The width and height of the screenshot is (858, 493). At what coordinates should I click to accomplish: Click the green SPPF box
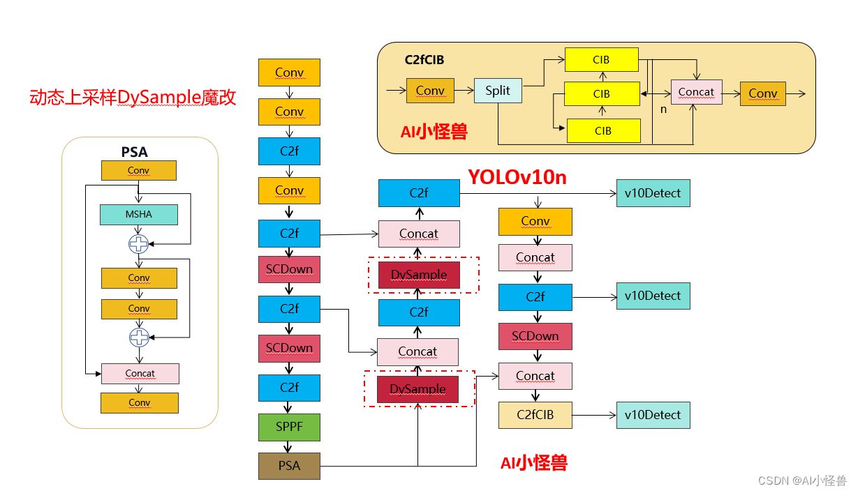click(289, 427)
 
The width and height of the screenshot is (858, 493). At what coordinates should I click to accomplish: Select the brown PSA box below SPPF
click(289, 466)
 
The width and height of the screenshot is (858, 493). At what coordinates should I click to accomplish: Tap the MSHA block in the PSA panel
click(139, 214)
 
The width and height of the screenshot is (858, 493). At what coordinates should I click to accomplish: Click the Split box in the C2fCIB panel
click(498, 91)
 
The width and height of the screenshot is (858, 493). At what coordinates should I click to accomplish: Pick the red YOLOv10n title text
click(517, 178)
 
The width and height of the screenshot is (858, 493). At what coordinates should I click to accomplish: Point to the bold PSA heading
click(134, 151)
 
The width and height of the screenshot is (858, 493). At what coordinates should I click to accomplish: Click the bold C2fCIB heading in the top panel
click(424, 60)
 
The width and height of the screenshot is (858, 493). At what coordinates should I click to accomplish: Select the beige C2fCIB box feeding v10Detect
click(535, 415)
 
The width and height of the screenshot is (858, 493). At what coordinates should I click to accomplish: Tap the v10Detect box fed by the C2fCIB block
click(653, 415)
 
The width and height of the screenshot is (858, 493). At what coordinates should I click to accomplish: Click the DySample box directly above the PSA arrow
click(417, 389)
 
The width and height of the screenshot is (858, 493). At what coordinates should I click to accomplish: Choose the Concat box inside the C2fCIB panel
click(696, 92)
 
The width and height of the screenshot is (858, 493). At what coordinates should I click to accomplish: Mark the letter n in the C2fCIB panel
click(664, 109)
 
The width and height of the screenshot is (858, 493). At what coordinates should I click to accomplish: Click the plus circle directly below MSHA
click(139, 244)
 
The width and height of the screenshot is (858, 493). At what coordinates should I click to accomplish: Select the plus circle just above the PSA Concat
click(139, 337)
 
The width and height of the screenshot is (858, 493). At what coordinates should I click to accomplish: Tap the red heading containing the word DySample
click(133, 98)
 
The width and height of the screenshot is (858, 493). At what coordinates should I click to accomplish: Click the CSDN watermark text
click(802, 480)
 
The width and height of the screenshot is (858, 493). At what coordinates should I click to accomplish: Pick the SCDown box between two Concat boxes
click(535, 336)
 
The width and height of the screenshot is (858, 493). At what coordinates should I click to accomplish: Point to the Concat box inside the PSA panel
click(140, 374)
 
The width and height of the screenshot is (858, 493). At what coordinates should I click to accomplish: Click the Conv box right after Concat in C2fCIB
click(762, 93)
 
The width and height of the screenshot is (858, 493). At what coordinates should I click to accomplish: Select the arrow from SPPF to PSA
click(289, 447)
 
